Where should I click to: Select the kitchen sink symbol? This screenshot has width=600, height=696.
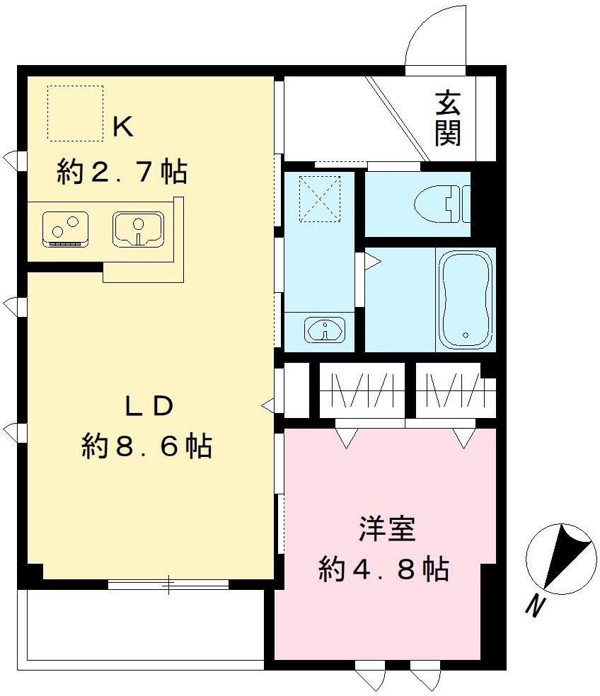137,227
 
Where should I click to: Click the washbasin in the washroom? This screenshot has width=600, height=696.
324,330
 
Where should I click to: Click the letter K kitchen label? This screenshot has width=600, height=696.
123,127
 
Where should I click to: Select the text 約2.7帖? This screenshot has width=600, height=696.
121,172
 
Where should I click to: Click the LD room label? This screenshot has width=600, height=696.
149,406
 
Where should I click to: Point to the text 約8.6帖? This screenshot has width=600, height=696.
146,446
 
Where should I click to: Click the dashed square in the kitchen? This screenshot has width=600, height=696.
75,112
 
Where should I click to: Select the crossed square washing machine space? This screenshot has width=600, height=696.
319,199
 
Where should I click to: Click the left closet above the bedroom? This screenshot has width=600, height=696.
362,390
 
